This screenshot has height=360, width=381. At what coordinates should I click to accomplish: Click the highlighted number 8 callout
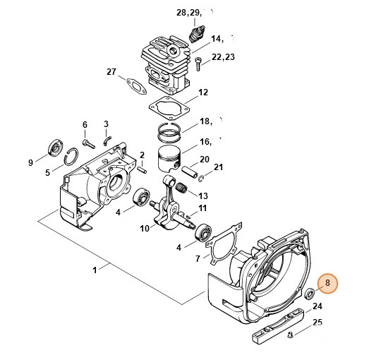[327, 284]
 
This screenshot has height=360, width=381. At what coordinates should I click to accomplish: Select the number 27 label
[111, 72]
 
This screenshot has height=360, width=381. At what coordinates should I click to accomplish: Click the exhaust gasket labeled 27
[136, 87]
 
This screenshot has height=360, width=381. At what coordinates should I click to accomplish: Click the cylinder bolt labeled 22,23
[198, 64]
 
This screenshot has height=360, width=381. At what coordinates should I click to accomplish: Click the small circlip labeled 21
[201, 179]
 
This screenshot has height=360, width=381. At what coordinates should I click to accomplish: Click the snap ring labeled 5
[72, 157]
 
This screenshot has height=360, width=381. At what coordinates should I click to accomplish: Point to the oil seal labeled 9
[56, 148]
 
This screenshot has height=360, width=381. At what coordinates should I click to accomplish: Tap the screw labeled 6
[89, 143]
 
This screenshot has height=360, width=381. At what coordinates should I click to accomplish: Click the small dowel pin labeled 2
[142, 169]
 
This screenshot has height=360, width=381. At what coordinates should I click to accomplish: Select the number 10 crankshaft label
[145, 229]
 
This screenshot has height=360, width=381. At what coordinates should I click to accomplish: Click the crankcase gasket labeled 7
[224, 243]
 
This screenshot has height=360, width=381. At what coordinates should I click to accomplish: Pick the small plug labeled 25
[290, 335]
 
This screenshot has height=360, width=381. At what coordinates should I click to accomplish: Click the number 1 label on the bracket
[95, 270]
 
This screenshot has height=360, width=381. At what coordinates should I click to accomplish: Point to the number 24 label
[317, 306]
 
